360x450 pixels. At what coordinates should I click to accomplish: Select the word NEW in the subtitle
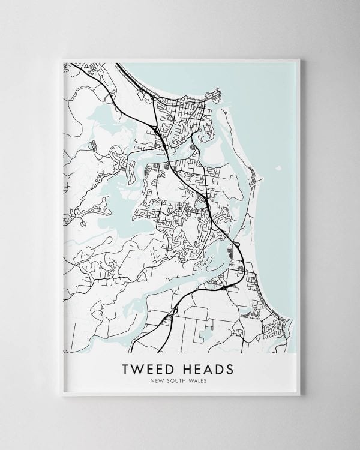pos(159,380)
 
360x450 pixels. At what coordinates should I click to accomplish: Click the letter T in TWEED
pos(125,367)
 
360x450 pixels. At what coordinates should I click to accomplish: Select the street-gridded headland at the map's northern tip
pos(213,96)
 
